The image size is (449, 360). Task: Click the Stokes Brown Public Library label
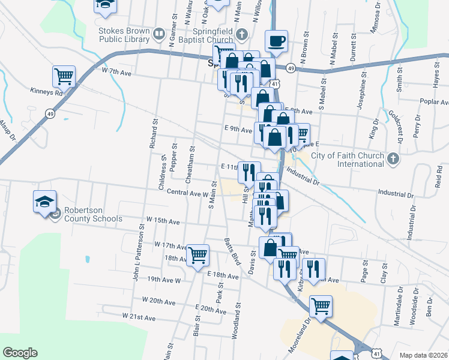124,34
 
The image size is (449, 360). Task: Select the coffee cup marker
276,41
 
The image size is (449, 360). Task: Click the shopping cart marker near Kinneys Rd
64,76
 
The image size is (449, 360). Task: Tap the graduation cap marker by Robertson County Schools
44,202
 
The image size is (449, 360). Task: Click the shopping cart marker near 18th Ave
197,255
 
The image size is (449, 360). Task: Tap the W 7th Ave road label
116,72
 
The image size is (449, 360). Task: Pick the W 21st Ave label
139,316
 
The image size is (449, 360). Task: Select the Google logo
20,353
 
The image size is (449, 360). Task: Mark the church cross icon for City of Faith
393,159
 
